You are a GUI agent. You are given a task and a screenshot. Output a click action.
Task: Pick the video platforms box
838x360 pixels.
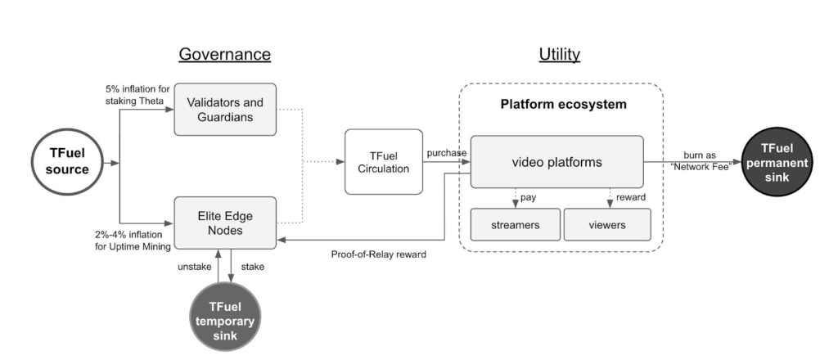pyautogui.click(x=556, y=162)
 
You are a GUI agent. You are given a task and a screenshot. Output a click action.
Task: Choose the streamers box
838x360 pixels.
pyautogui.click(x=516, y=224)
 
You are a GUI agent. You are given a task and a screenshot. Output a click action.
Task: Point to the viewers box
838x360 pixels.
pyautogui.click(x=606, y=224)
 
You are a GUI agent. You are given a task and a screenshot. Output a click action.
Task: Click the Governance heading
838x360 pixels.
pyautogui.click(x=224, y=55)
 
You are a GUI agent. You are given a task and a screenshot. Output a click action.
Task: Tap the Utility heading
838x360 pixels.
pyautogui.click(x=559, y=55)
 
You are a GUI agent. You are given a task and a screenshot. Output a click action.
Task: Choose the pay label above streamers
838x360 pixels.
pyautogui.click(x=528, y=197)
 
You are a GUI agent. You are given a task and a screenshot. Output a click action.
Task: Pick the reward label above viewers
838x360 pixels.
pyautogui.click(x=630, y=197)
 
